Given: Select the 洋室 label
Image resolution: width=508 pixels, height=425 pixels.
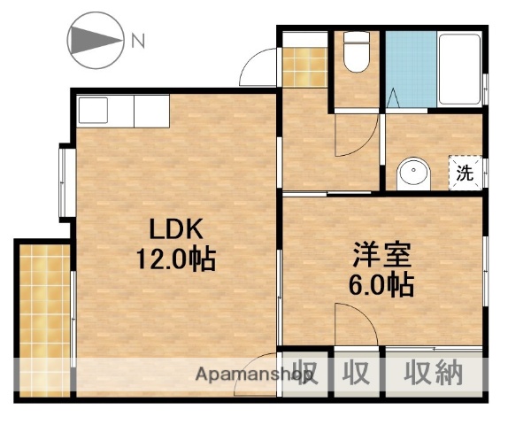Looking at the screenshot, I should (381, 255).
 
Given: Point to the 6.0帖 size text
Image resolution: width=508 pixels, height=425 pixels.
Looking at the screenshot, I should (381, 285).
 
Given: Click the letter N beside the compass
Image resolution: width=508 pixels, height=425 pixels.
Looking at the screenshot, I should (138, 39).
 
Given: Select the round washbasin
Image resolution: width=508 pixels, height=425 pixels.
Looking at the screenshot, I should (412, 173).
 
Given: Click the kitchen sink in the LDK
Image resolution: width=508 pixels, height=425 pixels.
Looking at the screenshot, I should (93, 112).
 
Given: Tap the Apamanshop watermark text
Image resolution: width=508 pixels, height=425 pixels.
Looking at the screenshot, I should (257, 375).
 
